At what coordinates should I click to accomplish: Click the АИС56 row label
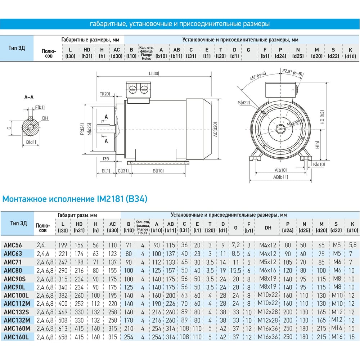coord(13,245)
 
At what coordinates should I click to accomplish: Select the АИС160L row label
coord(16,337)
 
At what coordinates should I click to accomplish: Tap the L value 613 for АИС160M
coord(63,329)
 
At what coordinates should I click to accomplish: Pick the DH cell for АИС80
coord(268,270)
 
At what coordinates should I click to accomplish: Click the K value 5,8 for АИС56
coord(353,245)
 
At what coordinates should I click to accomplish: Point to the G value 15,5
coord(235,270)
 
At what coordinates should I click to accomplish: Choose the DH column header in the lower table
coord(268,228)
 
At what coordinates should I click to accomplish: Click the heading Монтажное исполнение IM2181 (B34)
coord(75,199)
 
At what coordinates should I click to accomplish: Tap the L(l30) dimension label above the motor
coord(154,73)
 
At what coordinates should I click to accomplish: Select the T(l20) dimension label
coord(105,94)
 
